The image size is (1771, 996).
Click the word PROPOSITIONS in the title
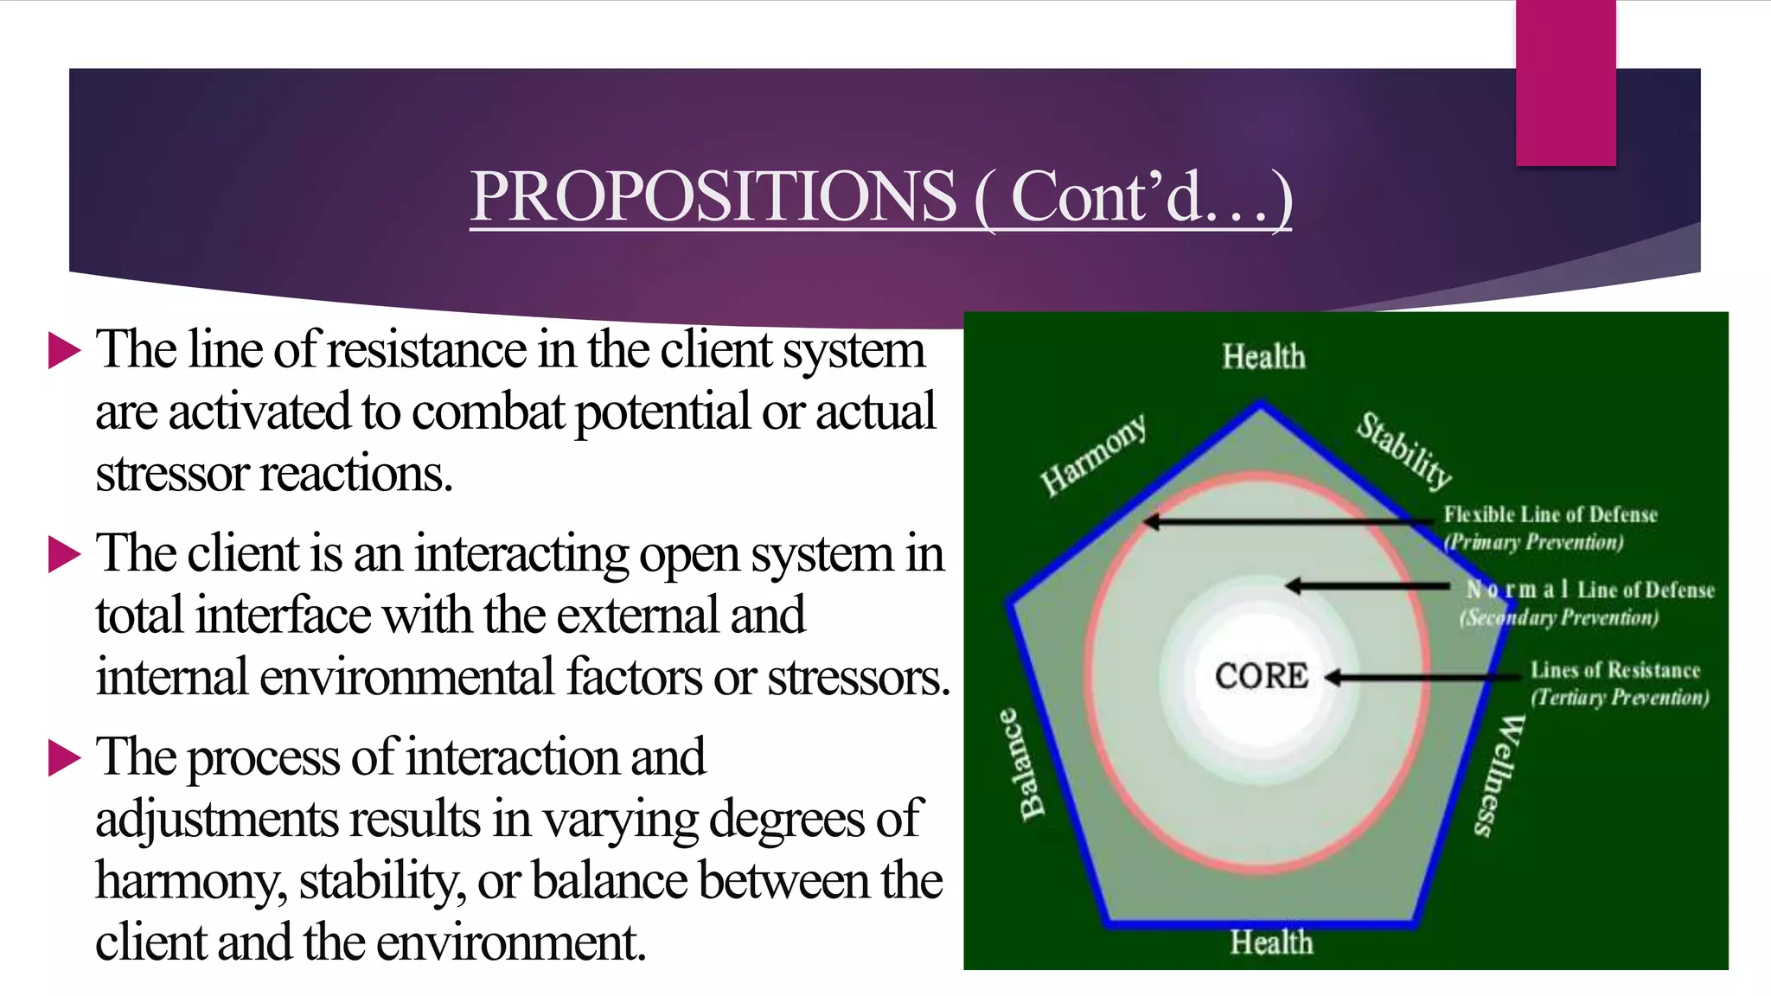713,196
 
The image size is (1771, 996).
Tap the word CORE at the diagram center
1261,676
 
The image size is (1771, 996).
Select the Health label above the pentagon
1263,356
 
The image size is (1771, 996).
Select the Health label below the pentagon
1271,942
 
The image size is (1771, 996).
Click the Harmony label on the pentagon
1094,455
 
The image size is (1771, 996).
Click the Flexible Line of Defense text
1550,514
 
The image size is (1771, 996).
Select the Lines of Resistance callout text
1614,670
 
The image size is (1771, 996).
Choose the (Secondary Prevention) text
1559,617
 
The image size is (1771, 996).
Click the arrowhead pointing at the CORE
1333,677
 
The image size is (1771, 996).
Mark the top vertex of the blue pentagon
1261,404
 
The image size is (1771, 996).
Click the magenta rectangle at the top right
1565,82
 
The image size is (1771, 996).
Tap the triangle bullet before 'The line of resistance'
64,351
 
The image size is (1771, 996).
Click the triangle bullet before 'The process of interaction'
64,758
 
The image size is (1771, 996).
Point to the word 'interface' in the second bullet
283,616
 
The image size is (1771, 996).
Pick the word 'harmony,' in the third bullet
191,881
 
